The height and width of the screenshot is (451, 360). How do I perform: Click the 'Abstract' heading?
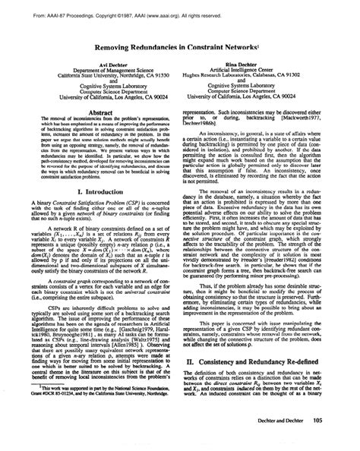[95, 109]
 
